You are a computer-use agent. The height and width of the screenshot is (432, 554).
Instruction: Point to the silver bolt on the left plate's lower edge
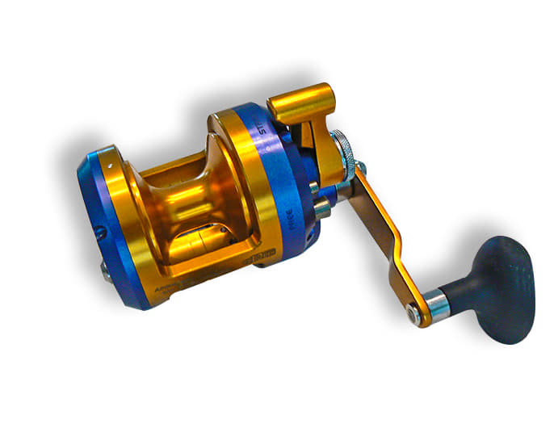pos(106,273)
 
